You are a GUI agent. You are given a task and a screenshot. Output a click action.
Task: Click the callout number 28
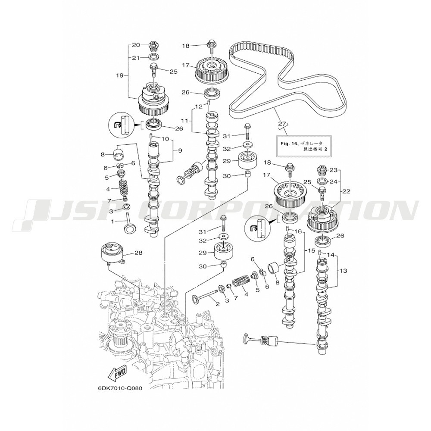[x=138, y=253]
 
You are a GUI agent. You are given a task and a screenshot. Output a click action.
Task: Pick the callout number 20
[x=136, y=45]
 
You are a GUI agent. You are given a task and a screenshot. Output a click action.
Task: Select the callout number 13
[x=343, y=271]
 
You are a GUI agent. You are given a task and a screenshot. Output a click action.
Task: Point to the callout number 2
[x=217, y=304]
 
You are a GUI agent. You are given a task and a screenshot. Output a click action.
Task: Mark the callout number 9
[x=180, y=150]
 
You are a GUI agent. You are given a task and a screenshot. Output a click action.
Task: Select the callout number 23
[x=334, y=170]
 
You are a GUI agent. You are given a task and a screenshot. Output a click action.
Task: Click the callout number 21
[x=136, y=58]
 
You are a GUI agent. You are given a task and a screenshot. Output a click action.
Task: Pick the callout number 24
[x=334, y=181]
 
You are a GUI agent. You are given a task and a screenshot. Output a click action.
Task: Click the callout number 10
[x=165, y=139]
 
